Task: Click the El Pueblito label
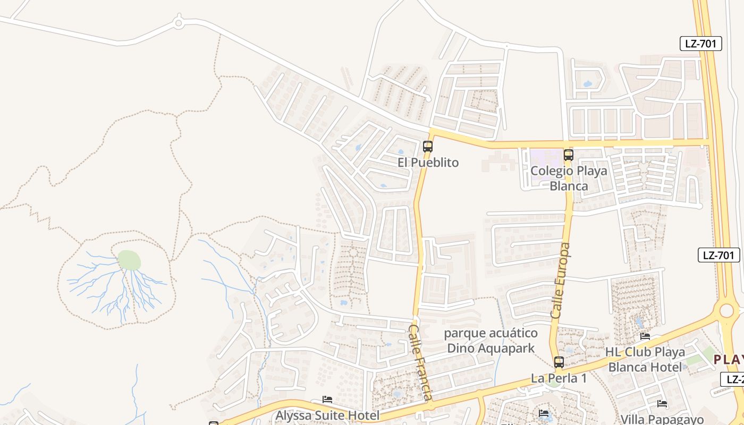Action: tap(428, 163)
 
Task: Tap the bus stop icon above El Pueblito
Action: tap(428, 146)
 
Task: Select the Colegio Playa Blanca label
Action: tap(569, 178)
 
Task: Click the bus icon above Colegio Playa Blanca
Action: tap(569, 155)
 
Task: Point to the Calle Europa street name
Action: tap(560, 280)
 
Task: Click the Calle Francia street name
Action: tap(420, 362)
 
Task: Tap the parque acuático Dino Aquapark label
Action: tap(491, 341)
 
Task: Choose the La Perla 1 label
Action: tap(559, 378)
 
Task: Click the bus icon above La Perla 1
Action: tap(559, 362)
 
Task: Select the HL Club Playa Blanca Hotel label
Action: tap(645, 359)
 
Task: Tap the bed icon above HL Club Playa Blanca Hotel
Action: tap(645, 336)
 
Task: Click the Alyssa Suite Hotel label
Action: tap(327, 415)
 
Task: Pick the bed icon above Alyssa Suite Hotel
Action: tap(327, 399)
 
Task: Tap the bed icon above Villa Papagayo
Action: tap(662, 404)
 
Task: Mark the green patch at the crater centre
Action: tap(129, 260)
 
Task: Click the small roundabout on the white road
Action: tap(179, 23)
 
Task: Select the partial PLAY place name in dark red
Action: tap(728, 360)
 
